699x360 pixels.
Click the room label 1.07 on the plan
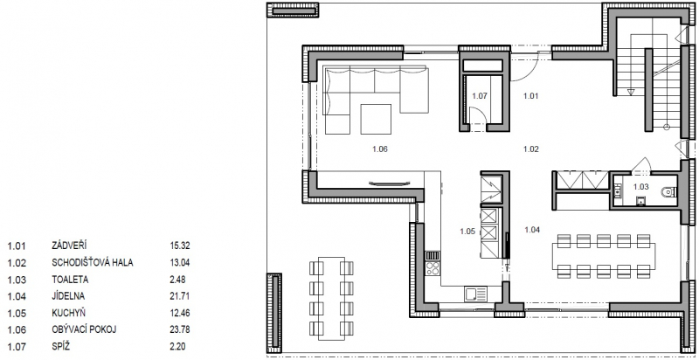coord(480,95)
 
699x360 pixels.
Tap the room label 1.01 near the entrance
coord(531,95)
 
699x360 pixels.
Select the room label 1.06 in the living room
coord(380,149)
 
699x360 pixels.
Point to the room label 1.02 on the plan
coord(531,149)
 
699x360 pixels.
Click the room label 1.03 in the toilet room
coord(641,187)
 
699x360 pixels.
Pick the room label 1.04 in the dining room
coord(532,230)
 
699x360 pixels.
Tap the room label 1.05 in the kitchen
coord(467,232)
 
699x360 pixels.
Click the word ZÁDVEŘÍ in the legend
coord(69,245)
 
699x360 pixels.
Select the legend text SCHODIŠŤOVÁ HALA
coord(93,262)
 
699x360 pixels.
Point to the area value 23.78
coord(180,329)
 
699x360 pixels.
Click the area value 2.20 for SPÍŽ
coord(177,347)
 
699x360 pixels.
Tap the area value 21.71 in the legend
coord(180,296)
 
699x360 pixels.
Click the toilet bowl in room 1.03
coord(670,192)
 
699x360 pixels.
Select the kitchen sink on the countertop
coord(475,294)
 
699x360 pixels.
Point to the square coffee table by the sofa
coord(376,119)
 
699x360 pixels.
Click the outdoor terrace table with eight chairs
coord(332,299)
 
